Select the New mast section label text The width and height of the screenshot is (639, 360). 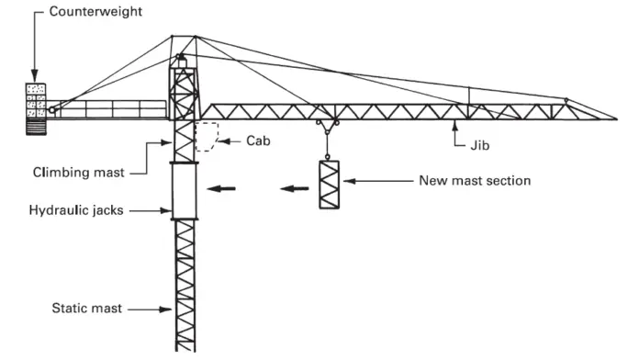click(x=474, y=181)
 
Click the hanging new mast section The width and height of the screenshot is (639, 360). click(x=329, y=184)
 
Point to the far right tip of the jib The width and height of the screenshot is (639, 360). click(x=616, y=118)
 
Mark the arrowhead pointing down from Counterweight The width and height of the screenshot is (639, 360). click(x=34, y=77)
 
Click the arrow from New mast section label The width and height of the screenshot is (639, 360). click(x=376, y=182)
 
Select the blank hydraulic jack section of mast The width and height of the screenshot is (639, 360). click(x=184, y=190)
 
